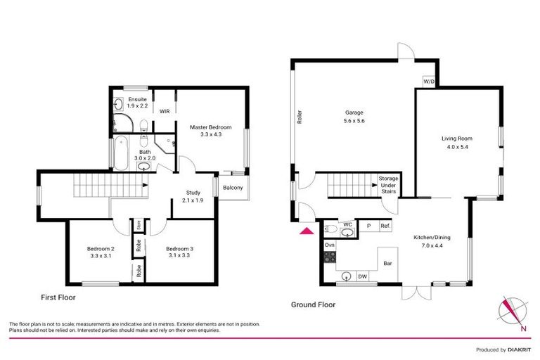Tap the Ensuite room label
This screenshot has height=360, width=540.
click(x=137, y=102)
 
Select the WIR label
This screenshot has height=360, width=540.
click(x=164, y=111)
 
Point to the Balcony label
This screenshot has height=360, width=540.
click(x=233, y=187)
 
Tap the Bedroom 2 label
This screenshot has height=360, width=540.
click(x=100, y=252)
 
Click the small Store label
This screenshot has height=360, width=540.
click(x=139, y=226)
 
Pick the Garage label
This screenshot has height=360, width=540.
click(x=354, y=116)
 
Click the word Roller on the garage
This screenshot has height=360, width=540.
click(x=300, y=117)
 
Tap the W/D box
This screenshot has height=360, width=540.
click(x=429, y=82)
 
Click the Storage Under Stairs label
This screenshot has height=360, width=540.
click(x=388, y=185)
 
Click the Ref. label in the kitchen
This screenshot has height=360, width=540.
click(x=385, y=226)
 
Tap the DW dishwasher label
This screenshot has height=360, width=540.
click(x=363, y=277)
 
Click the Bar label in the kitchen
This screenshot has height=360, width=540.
click(x=387, y=264)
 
